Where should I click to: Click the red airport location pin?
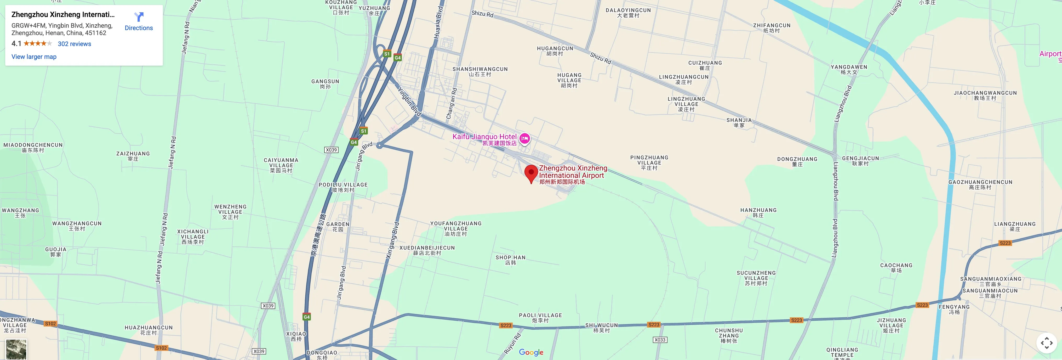(x=531, y=173)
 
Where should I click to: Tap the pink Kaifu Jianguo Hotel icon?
(x=524, y=139)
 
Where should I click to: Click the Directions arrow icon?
(x=139, y=17)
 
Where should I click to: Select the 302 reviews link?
(x=74, y=44)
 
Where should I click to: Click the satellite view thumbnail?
(x=16, y=349)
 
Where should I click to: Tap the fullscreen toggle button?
(x=1046, y=343)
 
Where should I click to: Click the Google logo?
(x=531, y=352)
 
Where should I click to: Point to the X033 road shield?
(x=660, y=340)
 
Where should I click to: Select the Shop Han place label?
(x=510, y=260)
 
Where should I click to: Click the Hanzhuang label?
(x=758, y=212)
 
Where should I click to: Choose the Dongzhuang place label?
(x=797, y=161)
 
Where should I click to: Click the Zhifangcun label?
(x=771, y=28)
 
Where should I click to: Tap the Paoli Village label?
(x=540, y=318)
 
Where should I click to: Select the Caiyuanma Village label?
(x=281, y=165)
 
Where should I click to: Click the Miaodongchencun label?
(x=33, y=147)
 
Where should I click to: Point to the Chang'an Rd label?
(x=452, y=103)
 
